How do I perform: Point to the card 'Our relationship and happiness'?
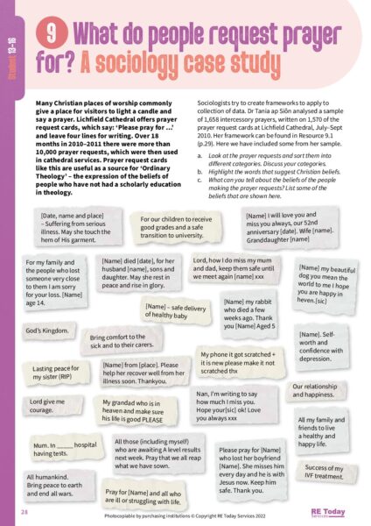pyautogui.click(x=319, y=390)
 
